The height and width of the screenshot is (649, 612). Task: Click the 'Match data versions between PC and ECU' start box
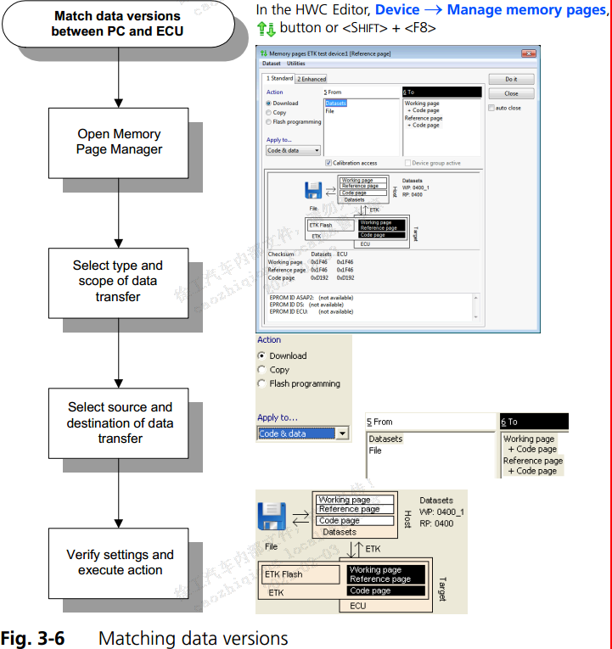click(x=117, y=24)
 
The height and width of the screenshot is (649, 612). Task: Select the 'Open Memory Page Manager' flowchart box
click(x=119, y=142)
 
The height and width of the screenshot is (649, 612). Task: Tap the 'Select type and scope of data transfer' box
click(x=117, y=281)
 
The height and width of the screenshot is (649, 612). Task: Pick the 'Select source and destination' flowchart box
click(x=120, y=422)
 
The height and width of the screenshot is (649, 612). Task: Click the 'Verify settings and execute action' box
click(x=120, y=562)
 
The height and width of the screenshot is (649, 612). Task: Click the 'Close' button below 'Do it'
click(x=511, y=93)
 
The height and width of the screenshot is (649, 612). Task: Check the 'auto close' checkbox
click(x=491, y=109)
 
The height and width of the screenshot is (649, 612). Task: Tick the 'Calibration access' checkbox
click(x=328, y=163)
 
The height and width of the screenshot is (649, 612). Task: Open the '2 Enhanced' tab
click(x=312, y=79)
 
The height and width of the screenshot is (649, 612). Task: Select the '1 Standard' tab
click(x=279, y=79)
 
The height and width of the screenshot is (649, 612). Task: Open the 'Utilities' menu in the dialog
click(x=295, y=64)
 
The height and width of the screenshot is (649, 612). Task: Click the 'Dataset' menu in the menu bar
click(x=271, y=64)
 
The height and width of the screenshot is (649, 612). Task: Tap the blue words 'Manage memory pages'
click(x=527, y=10)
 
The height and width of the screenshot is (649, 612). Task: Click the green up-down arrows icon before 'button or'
click(x=265, y=27)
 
